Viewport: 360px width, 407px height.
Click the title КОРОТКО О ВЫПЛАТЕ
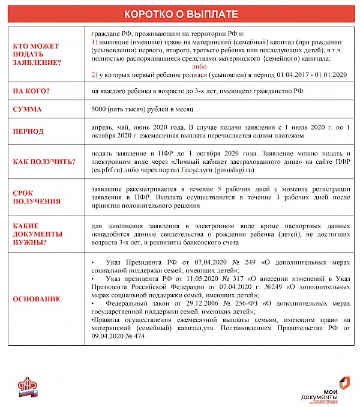tap(179, 14)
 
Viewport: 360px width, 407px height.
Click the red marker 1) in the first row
tap(95, 43)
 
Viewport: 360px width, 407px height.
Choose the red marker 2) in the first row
tap(95, 75)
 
